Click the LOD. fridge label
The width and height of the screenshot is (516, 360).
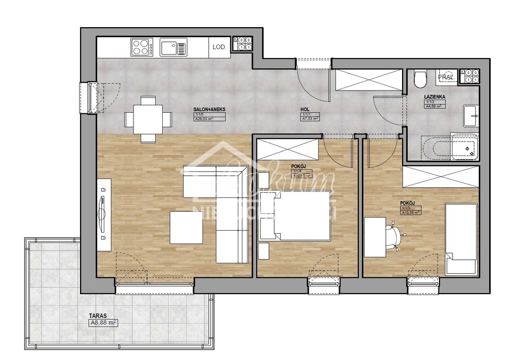(x=219, y=47)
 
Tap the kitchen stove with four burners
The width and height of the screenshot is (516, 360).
(x=142, y=47)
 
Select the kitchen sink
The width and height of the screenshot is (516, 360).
(x=173, y=48)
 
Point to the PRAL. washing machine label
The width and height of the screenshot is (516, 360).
(x=446, y=77)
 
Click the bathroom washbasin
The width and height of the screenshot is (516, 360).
(x=471, y=116)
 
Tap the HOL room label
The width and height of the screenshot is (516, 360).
(x=305, y=109)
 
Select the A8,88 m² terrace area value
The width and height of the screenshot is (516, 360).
(x=103, y=324)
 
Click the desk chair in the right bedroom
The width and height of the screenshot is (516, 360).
(x=396, y=234)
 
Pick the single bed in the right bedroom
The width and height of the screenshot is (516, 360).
(x=461, y=239)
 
